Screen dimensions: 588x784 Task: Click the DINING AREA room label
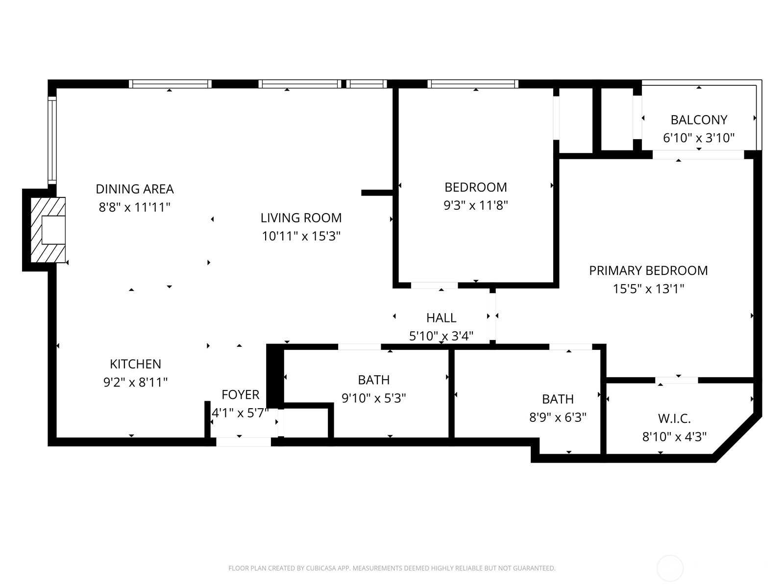[134, 189]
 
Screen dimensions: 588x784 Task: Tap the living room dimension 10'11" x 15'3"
[301, 236]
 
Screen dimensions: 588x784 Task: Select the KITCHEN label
[135, 364]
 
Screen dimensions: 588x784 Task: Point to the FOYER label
[240, 394]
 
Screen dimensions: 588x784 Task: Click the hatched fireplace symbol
[48, 230]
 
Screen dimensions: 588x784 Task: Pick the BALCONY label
[698, 120]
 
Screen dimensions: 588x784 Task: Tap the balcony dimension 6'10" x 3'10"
[698, 138]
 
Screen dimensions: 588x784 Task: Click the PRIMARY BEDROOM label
[648, 270]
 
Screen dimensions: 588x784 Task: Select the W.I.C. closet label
[674, 418]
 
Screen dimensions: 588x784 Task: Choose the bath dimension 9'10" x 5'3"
[373, 398]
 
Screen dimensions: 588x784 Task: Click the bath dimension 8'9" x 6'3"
[558, 417]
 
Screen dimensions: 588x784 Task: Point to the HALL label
[441, 318]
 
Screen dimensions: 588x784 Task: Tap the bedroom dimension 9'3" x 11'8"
[475, 205]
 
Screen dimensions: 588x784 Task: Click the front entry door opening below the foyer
[244, 441]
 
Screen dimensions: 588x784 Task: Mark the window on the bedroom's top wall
[473, 84]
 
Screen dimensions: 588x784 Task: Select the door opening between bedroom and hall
[434, 285]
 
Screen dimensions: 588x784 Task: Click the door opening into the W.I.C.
[676, 380]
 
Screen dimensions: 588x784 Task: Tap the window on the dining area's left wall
[52, 140]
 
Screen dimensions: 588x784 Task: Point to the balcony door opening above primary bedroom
[698, 155]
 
